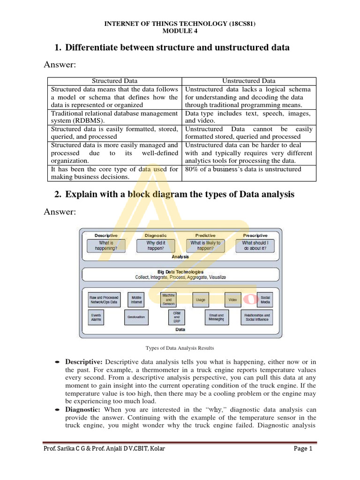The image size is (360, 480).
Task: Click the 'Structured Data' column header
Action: tap(114, 81)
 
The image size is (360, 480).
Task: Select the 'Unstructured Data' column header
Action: tap(249, 81)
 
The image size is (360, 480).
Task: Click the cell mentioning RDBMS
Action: tap(114, 117)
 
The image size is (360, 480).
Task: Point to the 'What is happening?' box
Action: tap(106, 246)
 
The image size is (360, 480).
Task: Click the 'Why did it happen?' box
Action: tap(156, 246)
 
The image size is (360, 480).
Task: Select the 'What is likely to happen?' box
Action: tap(205, 246)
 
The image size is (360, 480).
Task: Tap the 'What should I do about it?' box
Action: tap(255, 246)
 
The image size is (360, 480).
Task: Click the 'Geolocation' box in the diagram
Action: tap(136, 317)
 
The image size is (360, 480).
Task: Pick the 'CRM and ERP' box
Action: tap(176, 317)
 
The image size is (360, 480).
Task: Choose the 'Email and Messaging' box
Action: tap(216, 317)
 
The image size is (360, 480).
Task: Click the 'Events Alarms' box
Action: tap(96, 317)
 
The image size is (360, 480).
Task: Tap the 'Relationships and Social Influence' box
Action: tap(257, 317)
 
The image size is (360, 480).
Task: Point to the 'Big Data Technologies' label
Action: tap(180, 272)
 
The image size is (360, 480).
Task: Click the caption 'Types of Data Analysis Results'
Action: tap(180, 348)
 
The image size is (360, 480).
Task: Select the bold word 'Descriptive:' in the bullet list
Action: tap(84, 361)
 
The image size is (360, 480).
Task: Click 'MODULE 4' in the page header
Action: tap(180, 31)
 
